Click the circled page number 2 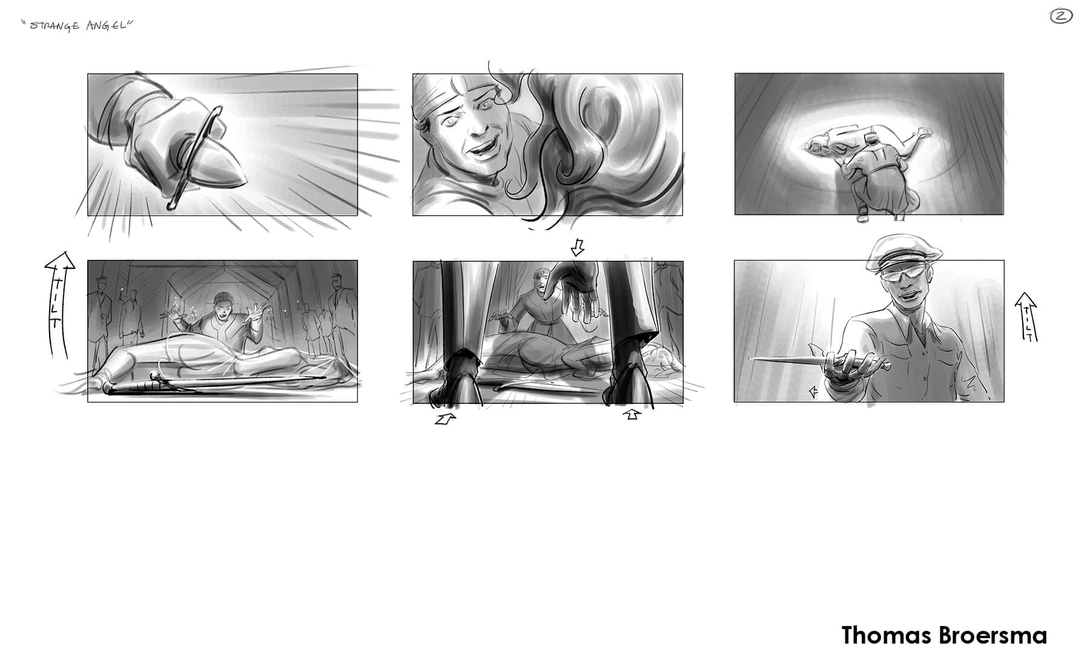tap(1061, 16)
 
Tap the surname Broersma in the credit tap(993, 636)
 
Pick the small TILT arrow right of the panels tap(1026, 316)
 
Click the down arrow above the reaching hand tap(578, 247)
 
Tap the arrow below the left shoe tap(445, 418)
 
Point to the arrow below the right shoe tap(632, 414)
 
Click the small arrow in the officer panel tap(813, 393)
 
